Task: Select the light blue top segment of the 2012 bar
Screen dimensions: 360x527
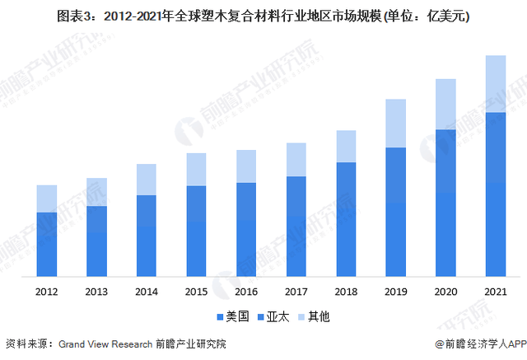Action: tap(47, 199)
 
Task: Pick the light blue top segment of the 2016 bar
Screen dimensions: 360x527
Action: tap(246, 166)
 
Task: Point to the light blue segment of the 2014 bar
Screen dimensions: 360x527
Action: tap(146, 180)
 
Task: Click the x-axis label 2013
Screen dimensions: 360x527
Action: tap(96, 292)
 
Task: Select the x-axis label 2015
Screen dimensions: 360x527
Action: tap(196, 292)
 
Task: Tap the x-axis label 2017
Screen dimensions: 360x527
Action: tap(296, 292)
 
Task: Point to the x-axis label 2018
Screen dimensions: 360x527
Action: tap(346, 292)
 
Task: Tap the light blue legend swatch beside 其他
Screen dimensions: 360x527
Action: tap(301, 316)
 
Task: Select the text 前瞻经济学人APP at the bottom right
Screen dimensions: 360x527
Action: tap(483, 344)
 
